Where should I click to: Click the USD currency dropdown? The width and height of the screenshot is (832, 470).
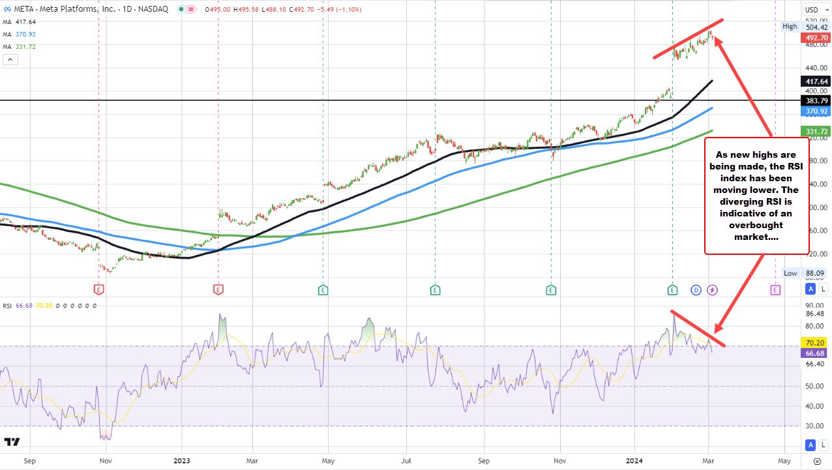pos(814,9)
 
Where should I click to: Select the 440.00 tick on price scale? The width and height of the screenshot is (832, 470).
pos(812,68)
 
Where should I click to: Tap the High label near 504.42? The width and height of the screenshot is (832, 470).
pos(790,26)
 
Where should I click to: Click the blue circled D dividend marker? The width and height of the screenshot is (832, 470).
pos(696,289)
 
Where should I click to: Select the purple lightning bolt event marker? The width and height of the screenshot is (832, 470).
pos(713,289)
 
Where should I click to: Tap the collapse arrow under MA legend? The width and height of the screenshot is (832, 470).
pos(10,59)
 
